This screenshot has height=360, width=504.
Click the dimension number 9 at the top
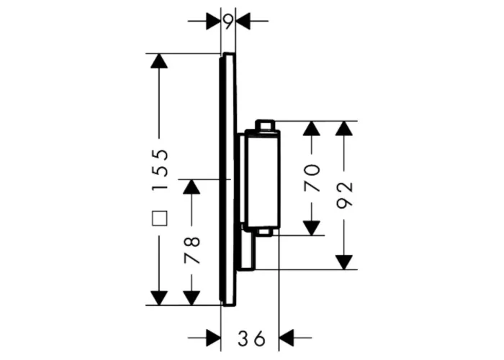[x=228, y=22]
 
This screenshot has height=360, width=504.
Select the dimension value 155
[x=160, y=169]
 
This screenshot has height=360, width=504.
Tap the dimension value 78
[x=192, y=250]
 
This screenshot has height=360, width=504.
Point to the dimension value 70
[x=312, y=178]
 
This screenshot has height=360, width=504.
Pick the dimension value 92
[x=344, y=195]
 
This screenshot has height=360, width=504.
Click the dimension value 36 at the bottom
[x=252, y=338]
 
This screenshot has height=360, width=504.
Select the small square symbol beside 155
[x=160, y=219]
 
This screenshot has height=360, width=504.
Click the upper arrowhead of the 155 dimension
[x=159, y=60]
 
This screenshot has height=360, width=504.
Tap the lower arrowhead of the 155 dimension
[x=159, y=298]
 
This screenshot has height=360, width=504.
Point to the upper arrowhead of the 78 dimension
[x=192, y=186]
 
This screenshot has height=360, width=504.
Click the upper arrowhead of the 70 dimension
[x=312, y=128]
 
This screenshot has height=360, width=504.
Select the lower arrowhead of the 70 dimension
[x=312, y=228]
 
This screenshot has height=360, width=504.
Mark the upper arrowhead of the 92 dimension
[x=344, y=128]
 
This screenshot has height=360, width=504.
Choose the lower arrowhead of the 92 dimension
[x=344, y=262]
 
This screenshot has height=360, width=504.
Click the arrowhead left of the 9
[x=214, y=21]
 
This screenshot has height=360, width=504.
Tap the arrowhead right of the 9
[x=243, y=21]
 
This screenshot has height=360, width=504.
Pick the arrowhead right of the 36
[x=287, y=338]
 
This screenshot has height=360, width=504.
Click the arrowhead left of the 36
[x=214, y=338]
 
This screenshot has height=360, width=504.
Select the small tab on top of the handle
[x=265, y=125]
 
